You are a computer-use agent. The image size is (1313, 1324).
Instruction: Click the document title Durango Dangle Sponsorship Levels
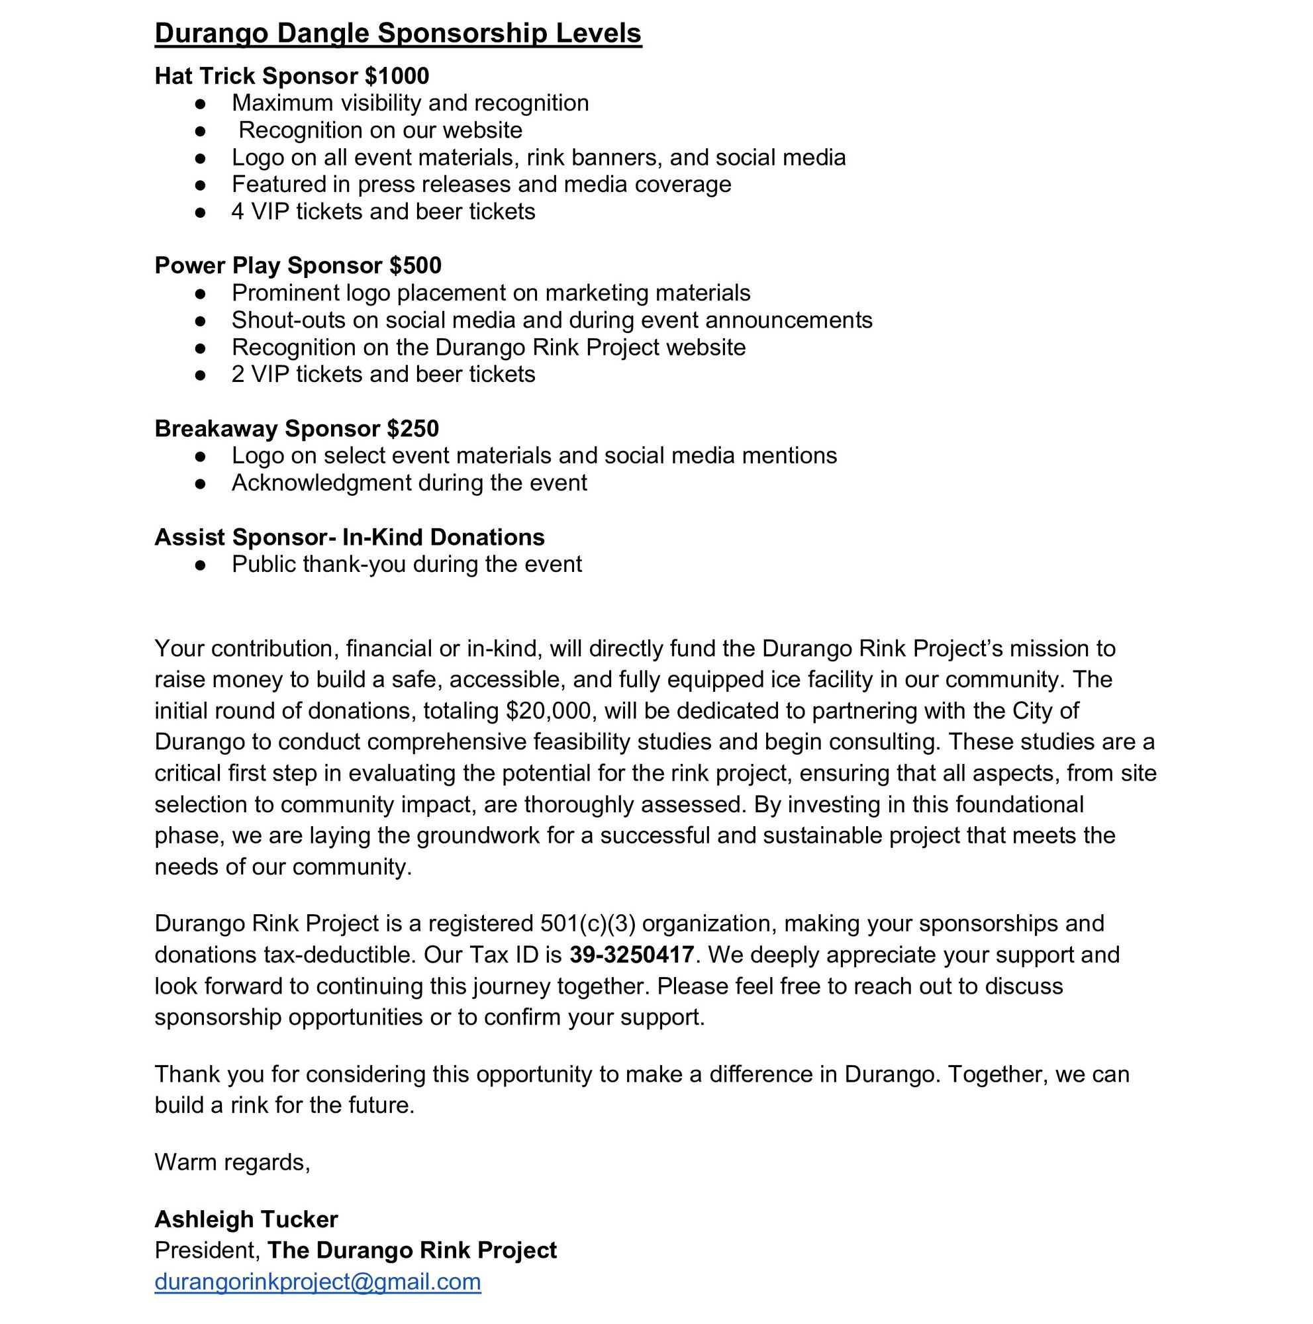click(x=397, y=34)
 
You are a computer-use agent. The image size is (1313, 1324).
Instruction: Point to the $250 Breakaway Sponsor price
click(x=413, y=429)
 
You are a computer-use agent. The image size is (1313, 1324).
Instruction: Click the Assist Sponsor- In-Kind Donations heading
click(x=349, y=538)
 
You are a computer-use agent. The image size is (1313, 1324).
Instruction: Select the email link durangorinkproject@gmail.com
click(x=317, y=1282)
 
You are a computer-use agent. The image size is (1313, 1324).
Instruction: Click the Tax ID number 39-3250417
click(x=631, y=955)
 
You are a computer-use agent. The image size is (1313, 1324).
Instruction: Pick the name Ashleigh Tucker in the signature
click(x=246, y=1219)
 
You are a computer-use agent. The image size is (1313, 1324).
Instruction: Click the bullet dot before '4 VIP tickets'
click(x=200, y=213)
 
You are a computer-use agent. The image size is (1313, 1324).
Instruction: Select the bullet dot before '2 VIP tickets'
click(x=200, y=375)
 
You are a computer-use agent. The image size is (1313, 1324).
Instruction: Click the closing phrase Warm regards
click(x=232, y=1162)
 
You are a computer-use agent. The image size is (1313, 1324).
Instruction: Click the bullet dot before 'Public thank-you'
click(x=200, y=565)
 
